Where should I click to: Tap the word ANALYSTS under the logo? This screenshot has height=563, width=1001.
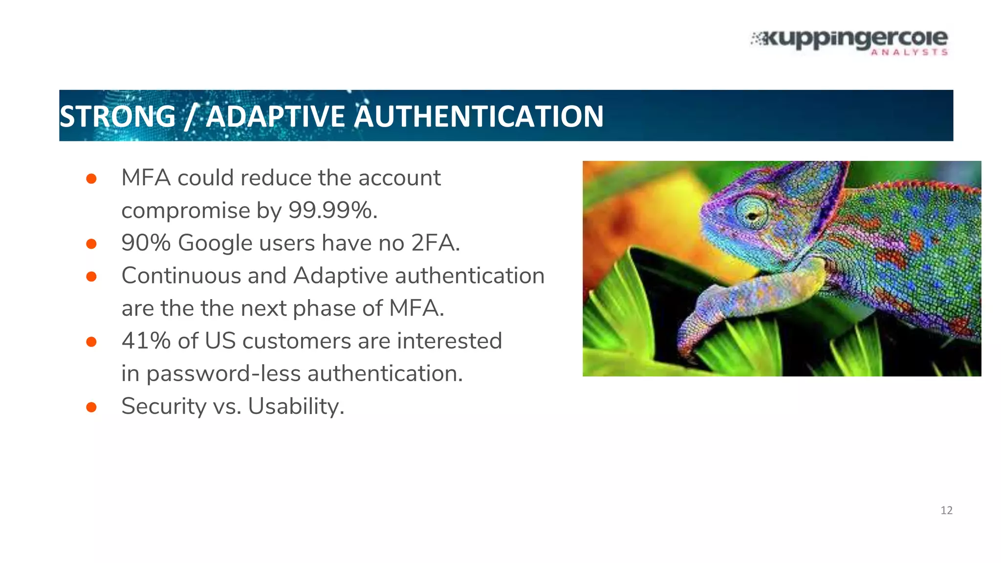tap(909, 52)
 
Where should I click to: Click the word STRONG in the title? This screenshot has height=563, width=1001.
tap(117, 116)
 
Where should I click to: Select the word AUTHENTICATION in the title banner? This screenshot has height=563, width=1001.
tap(479, 116)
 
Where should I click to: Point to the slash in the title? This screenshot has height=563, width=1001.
tap(191, 116)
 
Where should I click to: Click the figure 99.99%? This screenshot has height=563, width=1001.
tap(332, 211)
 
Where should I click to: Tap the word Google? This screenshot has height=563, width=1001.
tap(215, 243)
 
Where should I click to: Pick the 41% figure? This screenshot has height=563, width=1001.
tap(146, 341)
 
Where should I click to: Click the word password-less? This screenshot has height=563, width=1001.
tap(223, 373)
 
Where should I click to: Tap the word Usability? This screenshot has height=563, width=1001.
tap(296, 406)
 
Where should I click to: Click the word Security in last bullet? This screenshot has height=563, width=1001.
tap(164, 406)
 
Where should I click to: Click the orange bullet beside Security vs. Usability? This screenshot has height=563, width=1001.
tap(91, 407)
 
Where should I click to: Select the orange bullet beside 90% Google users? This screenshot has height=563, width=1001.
tap(91, 243)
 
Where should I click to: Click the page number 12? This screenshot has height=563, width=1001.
tap(946, 510)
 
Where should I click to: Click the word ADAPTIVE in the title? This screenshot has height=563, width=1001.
tap(275, 116)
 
